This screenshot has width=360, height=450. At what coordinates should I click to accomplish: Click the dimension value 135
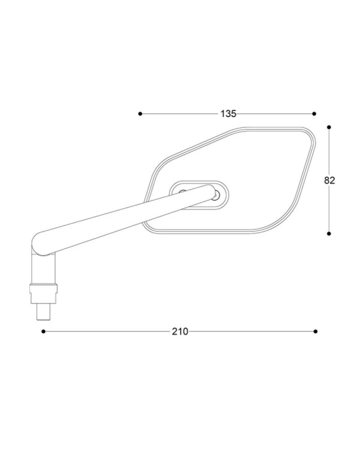pos(228,114)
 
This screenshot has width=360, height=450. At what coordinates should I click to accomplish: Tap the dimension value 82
pos(329,180)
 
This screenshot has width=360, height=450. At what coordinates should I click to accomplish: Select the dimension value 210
pos(180,331)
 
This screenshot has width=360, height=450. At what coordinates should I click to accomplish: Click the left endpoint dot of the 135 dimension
pos(140,114)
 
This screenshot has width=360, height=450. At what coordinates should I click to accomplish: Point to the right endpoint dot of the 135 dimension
pos(314,114)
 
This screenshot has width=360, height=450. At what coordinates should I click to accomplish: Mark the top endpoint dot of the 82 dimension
pos(329,127)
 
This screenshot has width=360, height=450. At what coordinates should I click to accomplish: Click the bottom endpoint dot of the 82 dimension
pos(329,234)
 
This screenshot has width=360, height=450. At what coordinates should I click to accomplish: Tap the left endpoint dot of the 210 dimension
pos(43,331)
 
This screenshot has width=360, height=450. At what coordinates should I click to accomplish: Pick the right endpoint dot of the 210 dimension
pos(316,331)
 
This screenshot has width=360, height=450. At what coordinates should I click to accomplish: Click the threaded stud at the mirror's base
pos(43,312)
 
